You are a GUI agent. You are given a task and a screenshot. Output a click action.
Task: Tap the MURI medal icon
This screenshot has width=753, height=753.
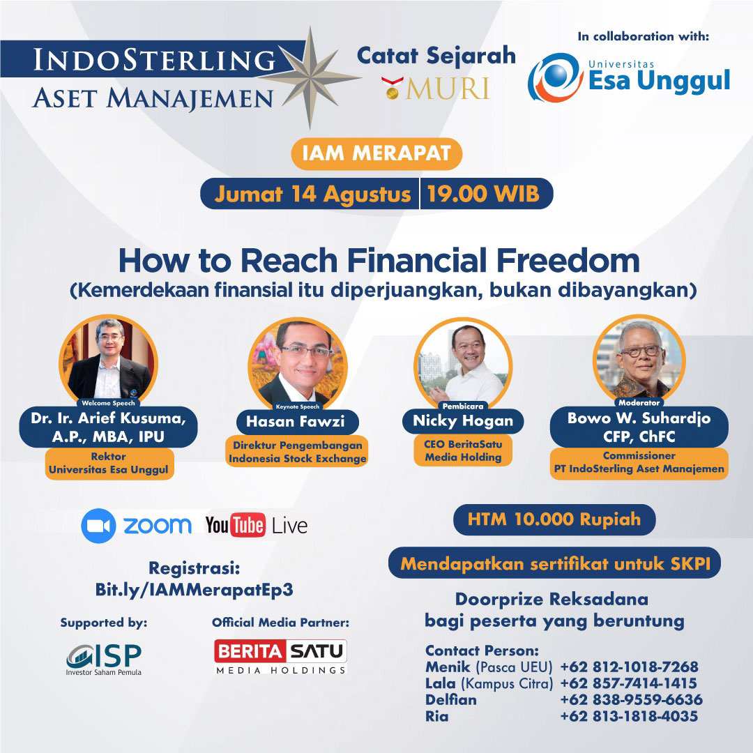pos(393,88)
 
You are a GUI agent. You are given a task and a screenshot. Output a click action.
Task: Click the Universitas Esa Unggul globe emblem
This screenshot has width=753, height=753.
pos(556,77)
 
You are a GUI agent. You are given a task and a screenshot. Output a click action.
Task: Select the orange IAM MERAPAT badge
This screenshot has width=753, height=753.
pos(376,153)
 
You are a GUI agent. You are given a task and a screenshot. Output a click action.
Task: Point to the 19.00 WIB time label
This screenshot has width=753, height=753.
pos(483,194)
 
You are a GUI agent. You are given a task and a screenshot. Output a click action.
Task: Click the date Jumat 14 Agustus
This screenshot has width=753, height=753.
pos(312,195)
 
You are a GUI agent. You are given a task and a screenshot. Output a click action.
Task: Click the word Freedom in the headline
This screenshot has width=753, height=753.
pos(568,260)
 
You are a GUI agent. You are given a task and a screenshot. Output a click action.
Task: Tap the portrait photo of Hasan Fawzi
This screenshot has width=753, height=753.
pos(297,363)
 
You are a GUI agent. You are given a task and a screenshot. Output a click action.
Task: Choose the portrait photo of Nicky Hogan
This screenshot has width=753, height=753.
pos(463,363)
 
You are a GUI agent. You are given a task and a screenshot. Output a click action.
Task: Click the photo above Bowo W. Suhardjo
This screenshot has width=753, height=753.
pos(639,359)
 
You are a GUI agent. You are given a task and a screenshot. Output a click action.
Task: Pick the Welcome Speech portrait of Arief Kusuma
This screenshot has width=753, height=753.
pos(109,359)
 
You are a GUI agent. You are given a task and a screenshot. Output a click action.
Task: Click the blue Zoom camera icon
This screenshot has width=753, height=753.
pos(98,526)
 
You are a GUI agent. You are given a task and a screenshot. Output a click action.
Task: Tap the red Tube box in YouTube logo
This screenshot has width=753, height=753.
pos(248,525)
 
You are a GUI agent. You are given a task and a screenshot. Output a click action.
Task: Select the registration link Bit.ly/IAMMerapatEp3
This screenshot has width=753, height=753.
pos(194,590)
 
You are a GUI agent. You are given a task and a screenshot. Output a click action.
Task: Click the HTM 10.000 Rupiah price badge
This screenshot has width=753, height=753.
pos(554,519)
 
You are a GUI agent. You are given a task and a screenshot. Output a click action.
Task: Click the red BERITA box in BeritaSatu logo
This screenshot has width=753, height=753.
pos(250,651)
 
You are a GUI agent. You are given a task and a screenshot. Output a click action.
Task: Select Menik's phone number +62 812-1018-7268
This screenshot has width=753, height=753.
pos(629,667)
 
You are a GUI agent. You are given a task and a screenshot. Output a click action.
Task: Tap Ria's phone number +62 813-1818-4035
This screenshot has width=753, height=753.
pos(629,716)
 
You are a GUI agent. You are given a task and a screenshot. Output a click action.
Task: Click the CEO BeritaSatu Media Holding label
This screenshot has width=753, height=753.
pos(463,450)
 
